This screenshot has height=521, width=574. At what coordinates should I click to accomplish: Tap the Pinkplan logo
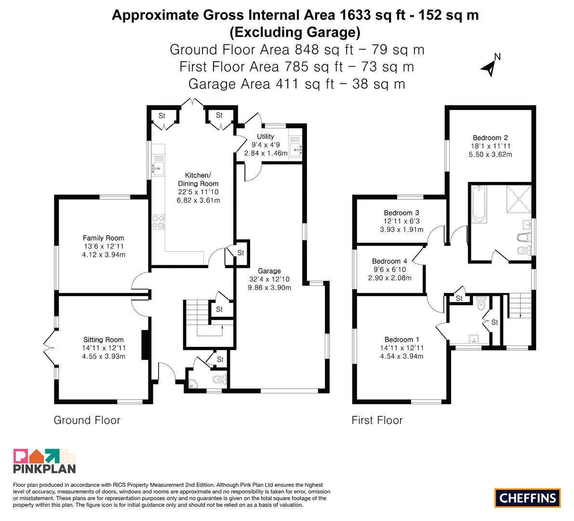click(44, 461)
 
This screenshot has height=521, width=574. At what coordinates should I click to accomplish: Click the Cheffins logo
click(528, 498)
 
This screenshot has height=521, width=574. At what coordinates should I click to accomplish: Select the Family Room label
click(103, 238)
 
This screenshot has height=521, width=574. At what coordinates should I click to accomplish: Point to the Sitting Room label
click(104, 340)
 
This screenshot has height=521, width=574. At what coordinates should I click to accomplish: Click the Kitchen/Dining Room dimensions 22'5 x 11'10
click(198, 192)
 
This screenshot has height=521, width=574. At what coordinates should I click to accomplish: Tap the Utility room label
click(266, 137)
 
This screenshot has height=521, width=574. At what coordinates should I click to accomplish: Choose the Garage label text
click(269, 271)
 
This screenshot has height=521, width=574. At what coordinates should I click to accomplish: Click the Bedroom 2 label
click(490, 138)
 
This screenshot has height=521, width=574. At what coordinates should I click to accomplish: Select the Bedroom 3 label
click(401, 213)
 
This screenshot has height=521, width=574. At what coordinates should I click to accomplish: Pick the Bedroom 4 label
click(389, 261)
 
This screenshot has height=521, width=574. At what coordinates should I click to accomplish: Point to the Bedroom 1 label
click(401, 340)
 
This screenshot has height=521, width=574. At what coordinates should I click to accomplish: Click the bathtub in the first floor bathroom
click(479, 204)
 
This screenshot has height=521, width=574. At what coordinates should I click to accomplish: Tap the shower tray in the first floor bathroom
click(519, 199)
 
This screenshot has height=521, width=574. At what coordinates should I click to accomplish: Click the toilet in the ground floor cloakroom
click(220, 379)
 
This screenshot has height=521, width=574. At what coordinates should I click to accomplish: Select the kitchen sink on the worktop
click(158, 165)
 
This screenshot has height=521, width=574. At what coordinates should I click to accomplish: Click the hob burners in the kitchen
click(158, 221)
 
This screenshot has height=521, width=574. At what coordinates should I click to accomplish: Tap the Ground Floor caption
click(87, 420)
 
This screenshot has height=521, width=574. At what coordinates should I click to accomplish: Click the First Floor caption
click(377, 420)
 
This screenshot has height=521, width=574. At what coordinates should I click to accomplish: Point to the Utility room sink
click(295, 146)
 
